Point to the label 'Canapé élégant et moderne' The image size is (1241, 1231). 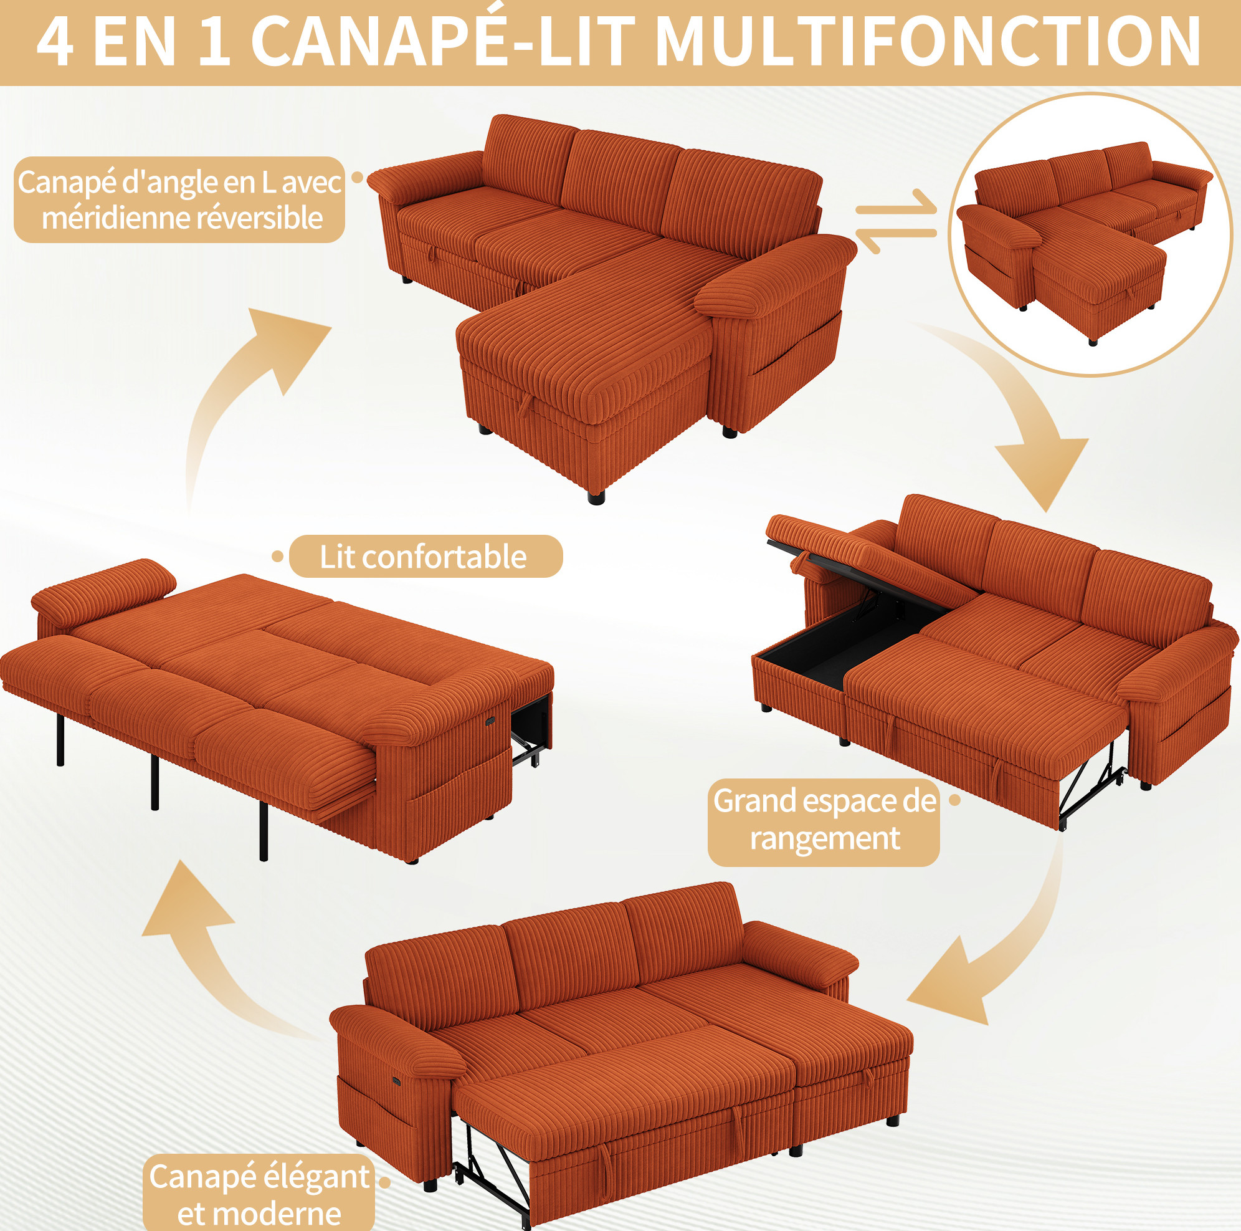[x=259, y=1194]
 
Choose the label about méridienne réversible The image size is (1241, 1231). [x=180, y=200]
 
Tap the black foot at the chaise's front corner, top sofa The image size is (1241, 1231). [x=596, y=497]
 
